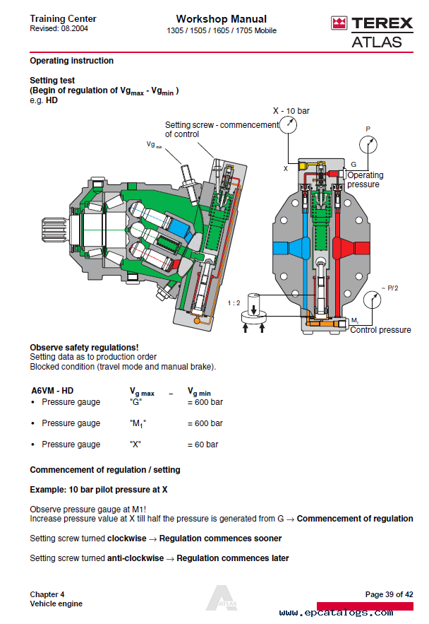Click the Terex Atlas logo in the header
tap(367, 32)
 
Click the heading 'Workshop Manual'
tap(221, 19)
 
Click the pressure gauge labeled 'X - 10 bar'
tap(289, 125)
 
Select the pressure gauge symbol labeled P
tap(367, 145)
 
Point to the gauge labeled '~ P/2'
tap(373, 301)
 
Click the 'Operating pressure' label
tap(365, 179)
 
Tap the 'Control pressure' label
tap(380, 330)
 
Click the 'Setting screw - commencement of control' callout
tap(222, 129)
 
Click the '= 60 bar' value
tap(203, 445)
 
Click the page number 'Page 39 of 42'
tap(389, 594)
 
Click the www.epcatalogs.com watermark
tap(346, 613)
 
